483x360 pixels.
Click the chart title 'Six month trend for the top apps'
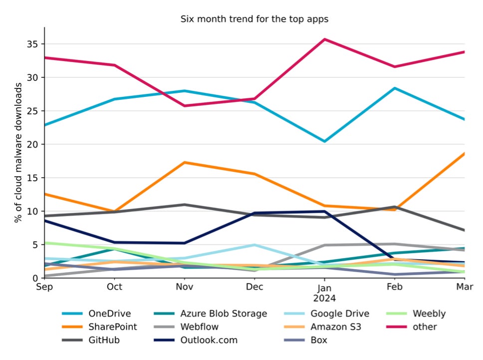pos(254,19)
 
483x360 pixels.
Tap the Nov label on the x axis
pos(185,287)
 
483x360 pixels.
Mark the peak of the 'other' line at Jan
pos(325,39)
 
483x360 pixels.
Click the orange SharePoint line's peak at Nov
pos(185,162)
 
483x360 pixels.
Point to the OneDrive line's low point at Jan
pos(325,141)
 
